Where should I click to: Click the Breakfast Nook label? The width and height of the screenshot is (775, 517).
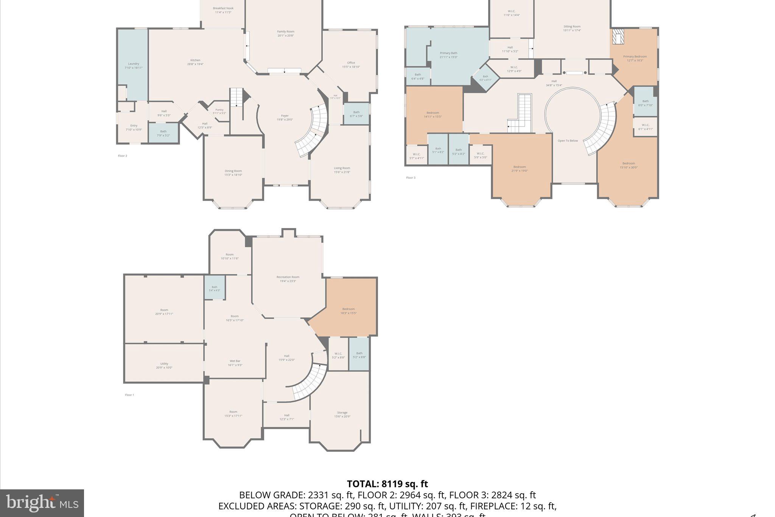pyautogui.click(x=223, y=8)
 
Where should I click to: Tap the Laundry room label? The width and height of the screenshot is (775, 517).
pyautogui.click(x=133, y=64)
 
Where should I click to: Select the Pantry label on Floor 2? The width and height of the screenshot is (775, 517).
pyautogui.click(x=219, y=110)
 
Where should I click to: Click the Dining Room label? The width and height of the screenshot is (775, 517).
pyautogui.click(x=233, y=171)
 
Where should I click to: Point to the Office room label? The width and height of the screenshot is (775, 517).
pyautogui.click(x=351, y=63)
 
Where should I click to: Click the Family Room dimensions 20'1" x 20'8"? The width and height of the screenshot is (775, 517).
pyautogui.click(x=285, y=36)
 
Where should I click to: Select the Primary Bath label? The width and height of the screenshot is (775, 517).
pyautogui.click(x=448, y=53)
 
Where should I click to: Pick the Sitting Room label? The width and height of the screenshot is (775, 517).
pyautogui.click(x=572, y=27)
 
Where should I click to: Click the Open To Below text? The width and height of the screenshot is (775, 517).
pyautogui.click(x=568, y=141)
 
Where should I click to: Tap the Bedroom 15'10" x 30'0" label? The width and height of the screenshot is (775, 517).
pyautogui.click(x=628, y=165)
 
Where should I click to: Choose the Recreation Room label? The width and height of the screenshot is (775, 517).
pyautogui.click(x=288, y=277)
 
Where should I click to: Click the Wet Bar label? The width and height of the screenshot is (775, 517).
pyautogui.click(x=235, y=361)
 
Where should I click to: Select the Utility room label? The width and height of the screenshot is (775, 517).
pyautogui.click(x=164, y=364)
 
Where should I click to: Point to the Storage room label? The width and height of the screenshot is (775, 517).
pyautogui.click(x=342, y=412)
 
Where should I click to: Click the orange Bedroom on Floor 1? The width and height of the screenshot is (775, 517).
pyautogui.click(x=349, y=309)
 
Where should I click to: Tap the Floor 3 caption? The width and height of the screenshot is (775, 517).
pyautogui.click(x=411, y=178)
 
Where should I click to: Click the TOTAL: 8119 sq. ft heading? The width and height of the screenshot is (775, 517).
pyautogui.click(x=387, y=484)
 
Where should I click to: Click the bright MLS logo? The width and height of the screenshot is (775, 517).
pyautogui.click(x=42, y=503)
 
